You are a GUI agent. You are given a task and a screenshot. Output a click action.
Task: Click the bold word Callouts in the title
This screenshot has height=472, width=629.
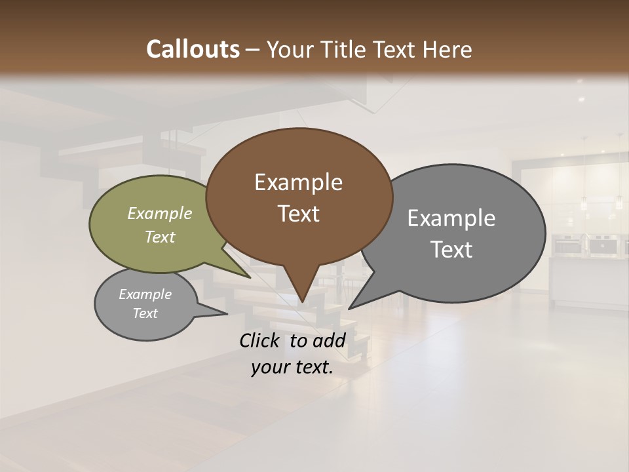pyautogui.click(x=193, y=49)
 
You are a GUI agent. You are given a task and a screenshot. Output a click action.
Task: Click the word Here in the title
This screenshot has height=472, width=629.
pyautogui.click(x=447, y=49)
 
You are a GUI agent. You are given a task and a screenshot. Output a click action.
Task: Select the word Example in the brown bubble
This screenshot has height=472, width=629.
pyautogui.click(x=298, y=182)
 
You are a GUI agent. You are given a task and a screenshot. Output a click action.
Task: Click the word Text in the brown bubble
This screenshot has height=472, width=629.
pyautogui.click(x=298, y=214)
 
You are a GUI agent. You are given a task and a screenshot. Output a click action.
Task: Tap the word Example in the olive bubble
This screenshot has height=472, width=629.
pyautogui.click(x=160, y=214)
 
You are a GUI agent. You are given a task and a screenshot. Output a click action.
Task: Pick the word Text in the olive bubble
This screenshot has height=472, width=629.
pyautogui.click(x=160, y=237)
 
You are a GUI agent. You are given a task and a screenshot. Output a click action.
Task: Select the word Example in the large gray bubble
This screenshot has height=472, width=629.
pyautogui.click(x=451, y=218)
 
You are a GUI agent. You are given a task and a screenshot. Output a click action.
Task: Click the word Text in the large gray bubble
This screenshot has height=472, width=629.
pyautogui.click(x=451, y=250)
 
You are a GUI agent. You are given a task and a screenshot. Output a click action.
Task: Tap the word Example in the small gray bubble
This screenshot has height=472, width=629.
pyautogui.click(x=145, y=294)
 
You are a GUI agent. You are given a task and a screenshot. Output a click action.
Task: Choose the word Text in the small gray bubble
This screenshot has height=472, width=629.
pyautogui.click(x=145, y=313)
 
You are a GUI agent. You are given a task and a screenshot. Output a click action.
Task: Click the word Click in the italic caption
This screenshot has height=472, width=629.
pyautogui.click(x=261, y=340)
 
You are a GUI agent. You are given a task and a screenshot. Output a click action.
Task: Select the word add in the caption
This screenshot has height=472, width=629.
pyautogui.click(x=330, y=340)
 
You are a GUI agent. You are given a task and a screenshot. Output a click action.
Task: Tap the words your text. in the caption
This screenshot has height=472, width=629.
pyautogui.click(x=292, y=368)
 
